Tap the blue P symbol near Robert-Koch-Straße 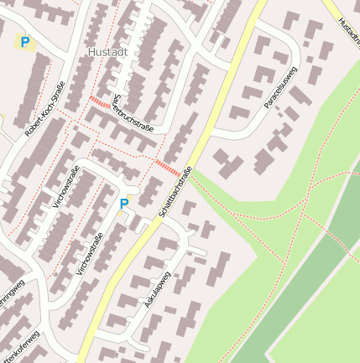click(25, 41)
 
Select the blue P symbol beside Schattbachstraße click(124, 204)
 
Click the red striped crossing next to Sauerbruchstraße click(100, 103)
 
